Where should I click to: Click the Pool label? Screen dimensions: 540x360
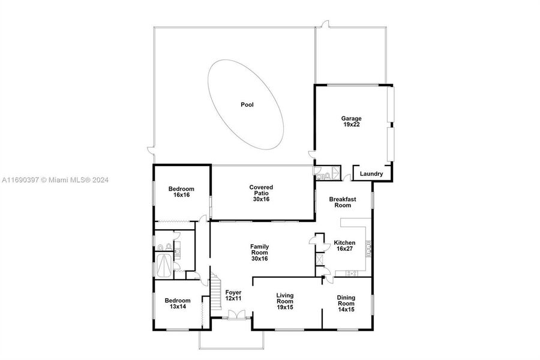click(x=247, y=104)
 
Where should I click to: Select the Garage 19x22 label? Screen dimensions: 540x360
click(x=351, y=121)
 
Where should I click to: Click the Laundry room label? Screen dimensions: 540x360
click(x=371, y=173)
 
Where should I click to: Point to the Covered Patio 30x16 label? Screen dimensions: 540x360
click(x=261, y=193)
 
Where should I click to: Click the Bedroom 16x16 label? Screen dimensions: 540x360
click(x=181, y=191)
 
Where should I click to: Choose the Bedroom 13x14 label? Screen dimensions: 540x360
click(x=178, y=303)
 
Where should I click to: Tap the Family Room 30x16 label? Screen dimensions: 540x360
click(x=260, y=252)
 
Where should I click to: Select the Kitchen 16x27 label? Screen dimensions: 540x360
click(x=344, y=245)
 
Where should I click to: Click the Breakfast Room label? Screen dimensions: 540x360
click(x=343, y=202)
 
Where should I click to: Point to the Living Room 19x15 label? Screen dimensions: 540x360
click(x=285, y=301)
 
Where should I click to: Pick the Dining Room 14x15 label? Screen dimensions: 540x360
click(x=346, y=303)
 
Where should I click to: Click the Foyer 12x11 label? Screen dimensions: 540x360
click(x=233, y=295)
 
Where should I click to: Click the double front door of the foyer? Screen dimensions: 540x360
click(x=236, y=314)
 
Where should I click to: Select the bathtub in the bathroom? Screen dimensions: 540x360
click(x=164, y=265)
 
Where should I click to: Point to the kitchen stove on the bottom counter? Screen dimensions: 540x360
click(x=352, y=273)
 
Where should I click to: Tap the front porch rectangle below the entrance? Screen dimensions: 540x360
click(x=232, y=340)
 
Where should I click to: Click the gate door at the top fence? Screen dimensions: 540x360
click(x=325, y=24)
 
